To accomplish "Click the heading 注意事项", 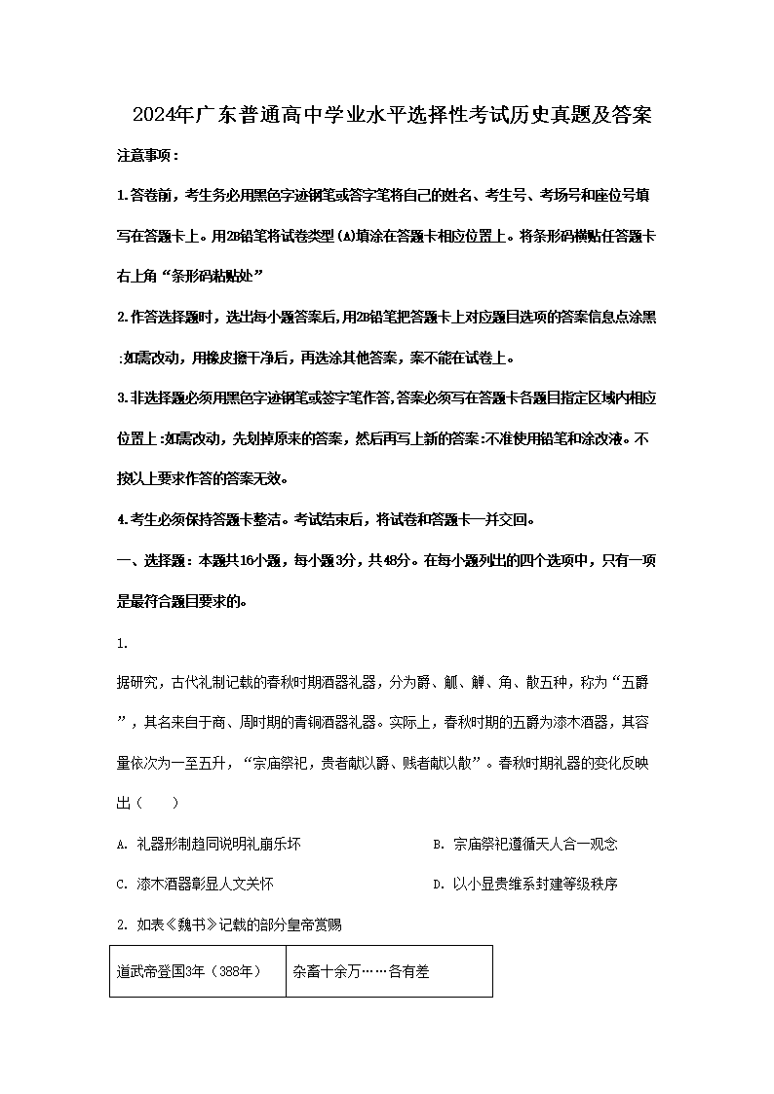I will (147, 156).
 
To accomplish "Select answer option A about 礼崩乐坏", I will (210, 844).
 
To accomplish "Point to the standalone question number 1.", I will (121, 643).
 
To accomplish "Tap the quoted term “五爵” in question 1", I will (629, 683).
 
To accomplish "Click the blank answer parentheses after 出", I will (156, 803).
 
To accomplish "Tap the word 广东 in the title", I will (213, 116).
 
